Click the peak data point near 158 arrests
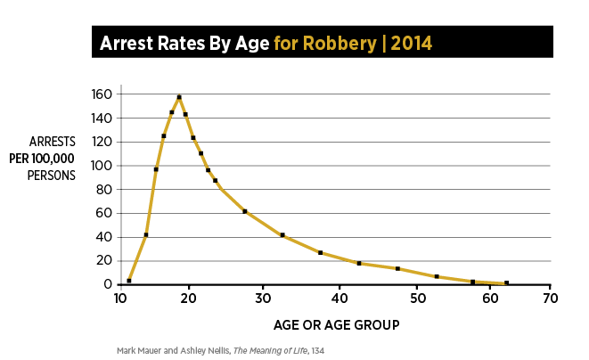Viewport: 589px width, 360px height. pyautogui.click(x=179, y=96)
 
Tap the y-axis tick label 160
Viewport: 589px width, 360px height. pyautogui.click(x=102, y=94)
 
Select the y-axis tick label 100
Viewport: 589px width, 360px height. pyautogui.click(x=102, y=166)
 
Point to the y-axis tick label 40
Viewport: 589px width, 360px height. pyautogui.click(x=104, y=237)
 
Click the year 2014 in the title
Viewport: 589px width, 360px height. pyautogui.click(x=413, y=42)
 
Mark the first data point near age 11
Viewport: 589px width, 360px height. pyautogui.click(x=129, y=281)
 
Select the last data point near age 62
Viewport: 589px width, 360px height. pyautogui.click(x=506, y=283)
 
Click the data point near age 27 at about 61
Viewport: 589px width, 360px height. pyautogui.click(x=245, y=211)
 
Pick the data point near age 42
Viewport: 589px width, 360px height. pyautogui.click(x=358, y=263)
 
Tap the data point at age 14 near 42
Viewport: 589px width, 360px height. pyautogui.click(x=146, y=234)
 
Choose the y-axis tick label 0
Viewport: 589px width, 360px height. pyautogui.click(x=109, y=284)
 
